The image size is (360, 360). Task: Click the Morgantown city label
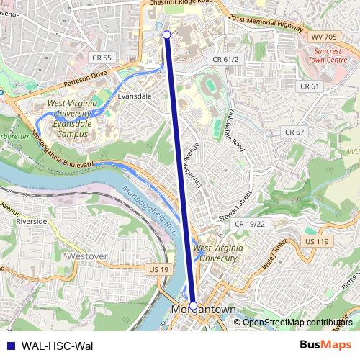(204, 310)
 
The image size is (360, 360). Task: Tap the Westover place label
(85, 255)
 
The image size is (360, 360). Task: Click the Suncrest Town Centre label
(329, 57)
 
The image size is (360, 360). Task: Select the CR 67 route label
(294, 132)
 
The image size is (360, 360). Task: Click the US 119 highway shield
(316, 240)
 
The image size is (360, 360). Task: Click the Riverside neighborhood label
(32, 222)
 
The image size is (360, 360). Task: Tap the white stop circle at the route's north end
(167, 34)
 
